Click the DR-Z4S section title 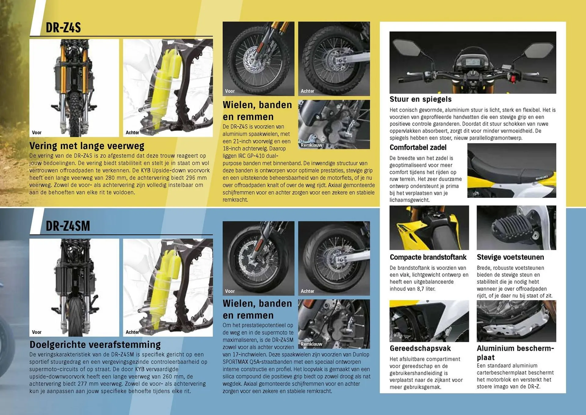[63, 28]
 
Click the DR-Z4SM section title [68, 226]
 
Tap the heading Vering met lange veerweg [87, 146]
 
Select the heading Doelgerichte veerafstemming [95, 345]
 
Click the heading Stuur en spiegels [420, 99]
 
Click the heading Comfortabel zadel [418, 148]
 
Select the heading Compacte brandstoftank [428, 257]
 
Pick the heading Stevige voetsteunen [510, 257]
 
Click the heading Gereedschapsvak [420, 348]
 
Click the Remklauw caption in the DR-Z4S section [311, 145]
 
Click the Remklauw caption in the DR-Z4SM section [311, 344]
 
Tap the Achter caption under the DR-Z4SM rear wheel [307, 291]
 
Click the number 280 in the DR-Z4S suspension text [110, 178]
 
